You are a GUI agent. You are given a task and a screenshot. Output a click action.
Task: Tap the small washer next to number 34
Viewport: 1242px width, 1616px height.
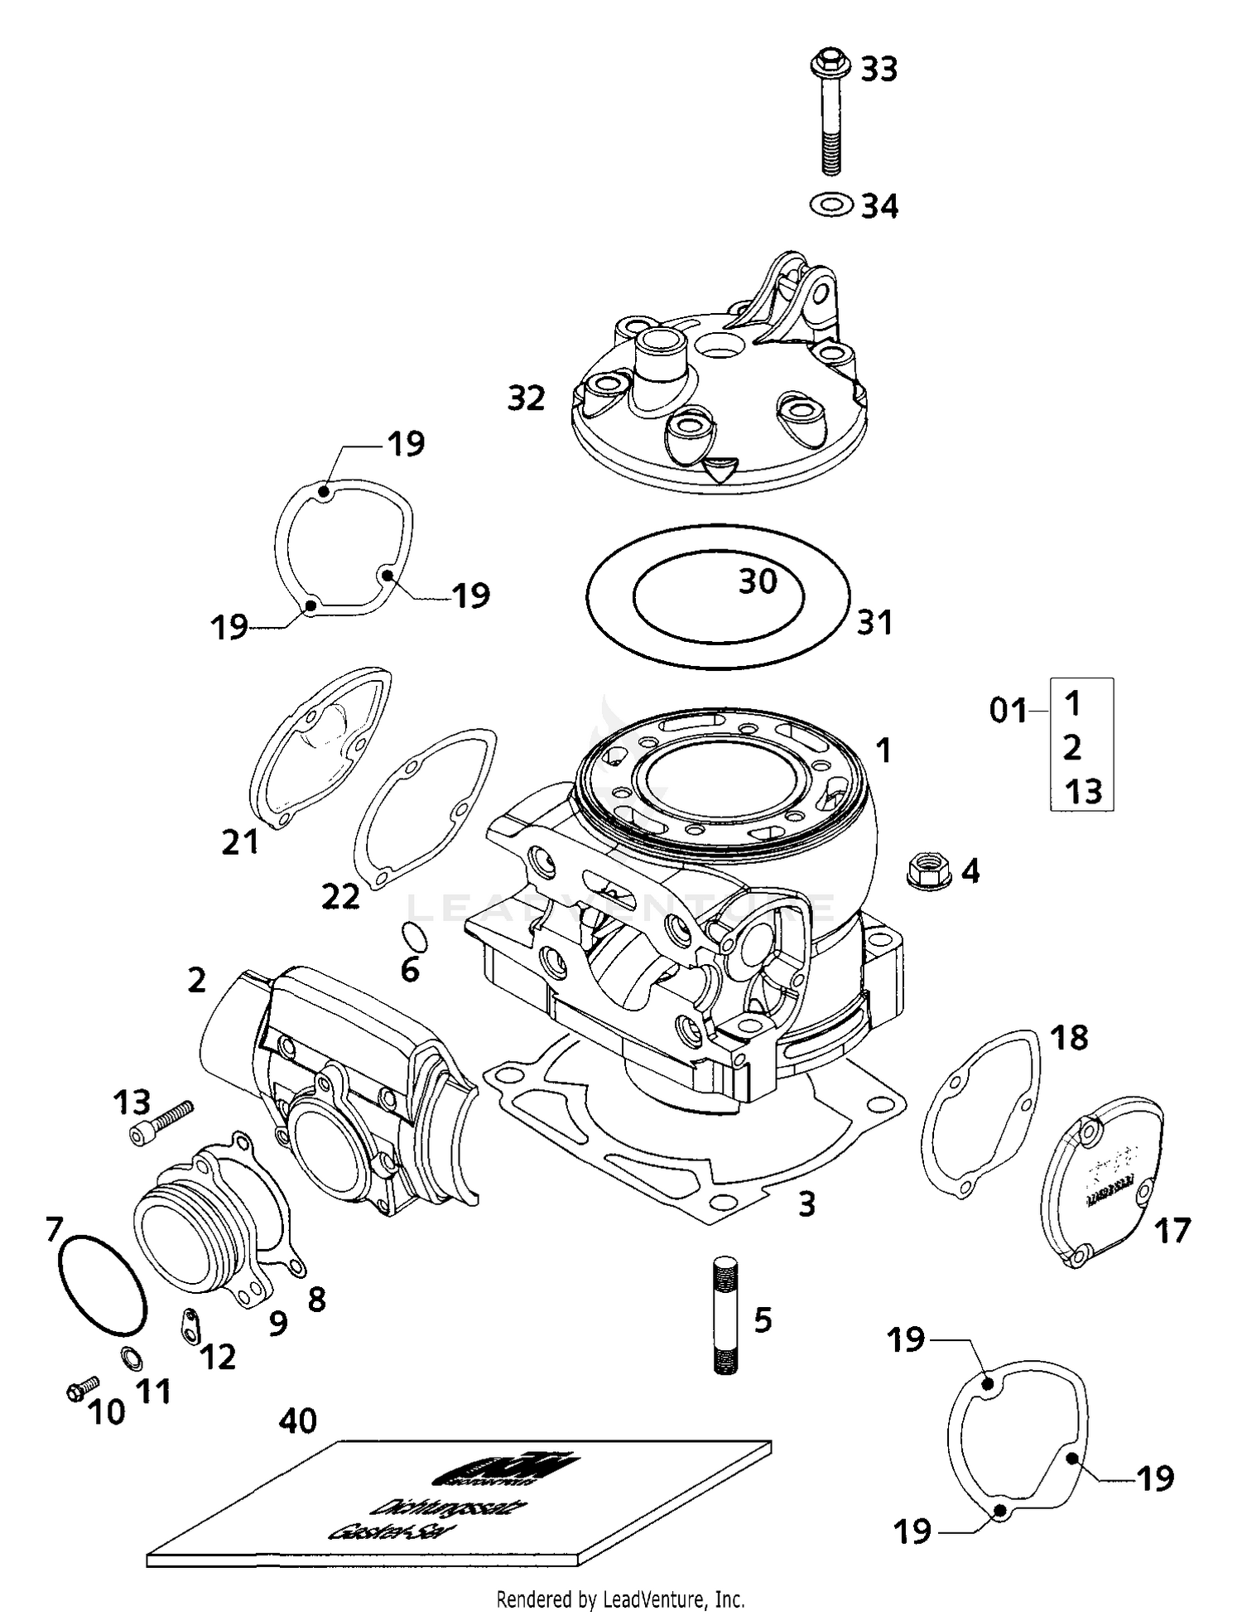831,204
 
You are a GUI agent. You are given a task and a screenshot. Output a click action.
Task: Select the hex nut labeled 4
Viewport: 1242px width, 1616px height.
928,871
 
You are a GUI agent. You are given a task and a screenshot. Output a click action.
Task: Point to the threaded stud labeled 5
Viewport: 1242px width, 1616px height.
724,1316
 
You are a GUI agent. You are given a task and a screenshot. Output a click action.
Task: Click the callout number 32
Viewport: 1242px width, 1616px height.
527,398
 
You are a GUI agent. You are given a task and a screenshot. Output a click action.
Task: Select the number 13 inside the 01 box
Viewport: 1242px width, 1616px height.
1083,791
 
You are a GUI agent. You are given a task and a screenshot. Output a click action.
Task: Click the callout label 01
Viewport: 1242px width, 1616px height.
1008,711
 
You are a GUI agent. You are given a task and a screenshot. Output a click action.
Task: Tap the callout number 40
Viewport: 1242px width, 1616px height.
297,1421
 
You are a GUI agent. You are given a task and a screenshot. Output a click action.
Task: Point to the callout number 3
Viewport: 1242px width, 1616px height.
806,1204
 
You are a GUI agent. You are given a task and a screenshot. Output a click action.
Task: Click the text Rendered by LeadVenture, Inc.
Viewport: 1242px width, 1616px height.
620,1599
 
